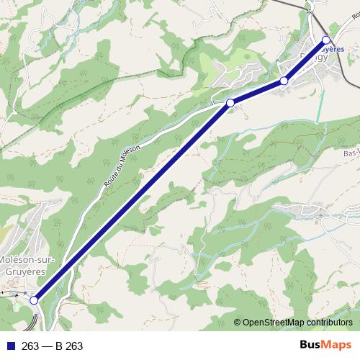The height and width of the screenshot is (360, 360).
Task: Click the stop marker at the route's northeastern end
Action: point(326,40)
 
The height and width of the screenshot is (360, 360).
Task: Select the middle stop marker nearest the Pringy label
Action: point(284,81)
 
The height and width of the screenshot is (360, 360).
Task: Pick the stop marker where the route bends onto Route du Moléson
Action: point(230,104)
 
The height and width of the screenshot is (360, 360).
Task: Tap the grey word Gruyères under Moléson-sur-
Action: point(22,271)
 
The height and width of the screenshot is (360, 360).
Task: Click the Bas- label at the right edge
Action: point(351,153)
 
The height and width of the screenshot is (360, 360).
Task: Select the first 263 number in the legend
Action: point(30,346)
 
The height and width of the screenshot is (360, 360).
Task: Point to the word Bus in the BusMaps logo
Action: point(310,346)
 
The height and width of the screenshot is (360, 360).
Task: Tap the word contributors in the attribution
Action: point(331,322)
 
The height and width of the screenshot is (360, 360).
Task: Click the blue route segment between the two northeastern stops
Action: point(305,60)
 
